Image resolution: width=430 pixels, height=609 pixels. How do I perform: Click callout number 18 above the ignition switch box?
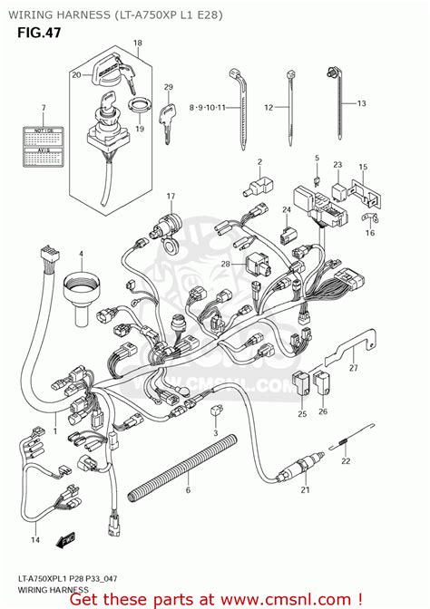click(137, 43)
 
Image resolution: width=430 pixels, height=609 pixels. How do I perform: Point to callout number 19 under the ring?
click(139, 130)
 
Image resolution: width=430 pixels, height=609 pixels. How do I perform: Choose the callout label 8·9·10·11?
click(206, 107)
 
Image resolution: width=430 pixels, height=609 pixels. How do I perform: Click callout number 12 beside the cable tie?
click(268, 107)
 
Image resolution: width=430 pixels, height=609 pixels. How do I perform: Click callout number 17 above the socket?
click(169, 197)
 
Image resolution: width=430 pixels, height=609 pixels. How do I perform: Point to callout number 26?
click(324, 413)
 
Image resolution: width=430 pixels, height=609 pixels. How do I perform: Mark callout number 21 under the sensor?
click(305, 490)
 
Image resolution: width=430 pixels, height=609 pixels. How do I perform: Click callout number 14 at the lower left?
click(35, 541)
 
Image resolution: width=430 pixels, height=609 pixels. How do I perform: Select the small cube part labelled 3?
click(215, 411)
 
